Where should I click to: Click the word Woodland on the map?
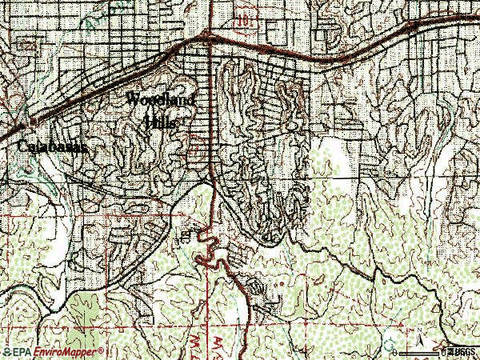(165, 102)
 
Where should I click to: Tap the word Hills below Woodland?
(162, 122)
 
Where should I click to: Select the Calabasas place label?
(50, 148)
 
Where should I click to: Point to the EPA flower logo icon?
(6, 352)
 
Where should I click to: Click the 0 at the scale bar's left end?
(395, 352)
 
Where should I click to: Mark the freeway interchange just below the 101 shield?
(209, 35)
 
